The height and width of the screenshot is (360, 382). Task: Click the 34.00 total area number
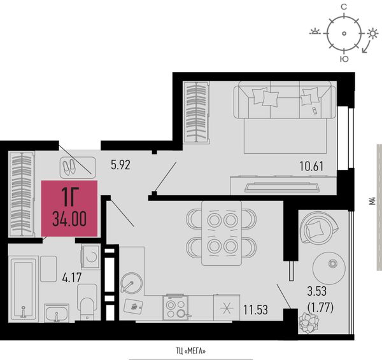point(69,219)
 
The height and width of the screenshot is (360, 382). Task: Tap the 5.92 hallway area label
point(120,165)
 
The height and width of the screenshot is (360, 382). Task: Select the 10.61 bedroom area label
point(311,166)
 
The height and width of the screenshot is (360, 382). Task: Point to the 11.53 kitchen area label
point(255,310)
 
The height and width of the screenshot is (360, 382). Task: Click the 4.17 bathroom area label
point(71,277)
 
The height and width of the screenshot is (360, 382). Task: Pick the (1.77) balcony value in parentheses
point(321,307)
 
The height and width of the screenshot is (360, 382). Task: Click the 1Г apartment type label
point(69,197)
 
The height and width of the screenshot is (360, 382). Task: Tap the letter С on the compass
point(344,7)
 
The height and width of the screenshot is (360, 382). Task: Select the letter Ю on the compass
point(344,59)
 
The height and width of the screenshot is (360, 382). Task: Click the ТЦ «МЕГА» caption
point(191,351)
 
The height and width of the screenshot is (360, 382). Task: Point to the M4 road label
point(372,201)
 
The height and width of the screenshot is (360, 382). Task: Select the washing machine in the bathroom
point(90,257)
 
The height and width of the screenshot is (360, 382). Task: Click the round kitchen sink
point(131,282)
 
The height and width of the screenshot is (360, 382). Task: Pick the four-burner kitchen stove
point(176,307)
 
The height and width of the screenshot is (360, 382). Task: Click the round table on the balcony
point(329,268)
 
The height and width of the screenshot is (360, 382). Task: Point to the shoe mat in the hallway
point(78,167)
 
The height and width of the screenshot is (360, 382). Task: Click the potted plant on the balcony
point(308,323)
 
